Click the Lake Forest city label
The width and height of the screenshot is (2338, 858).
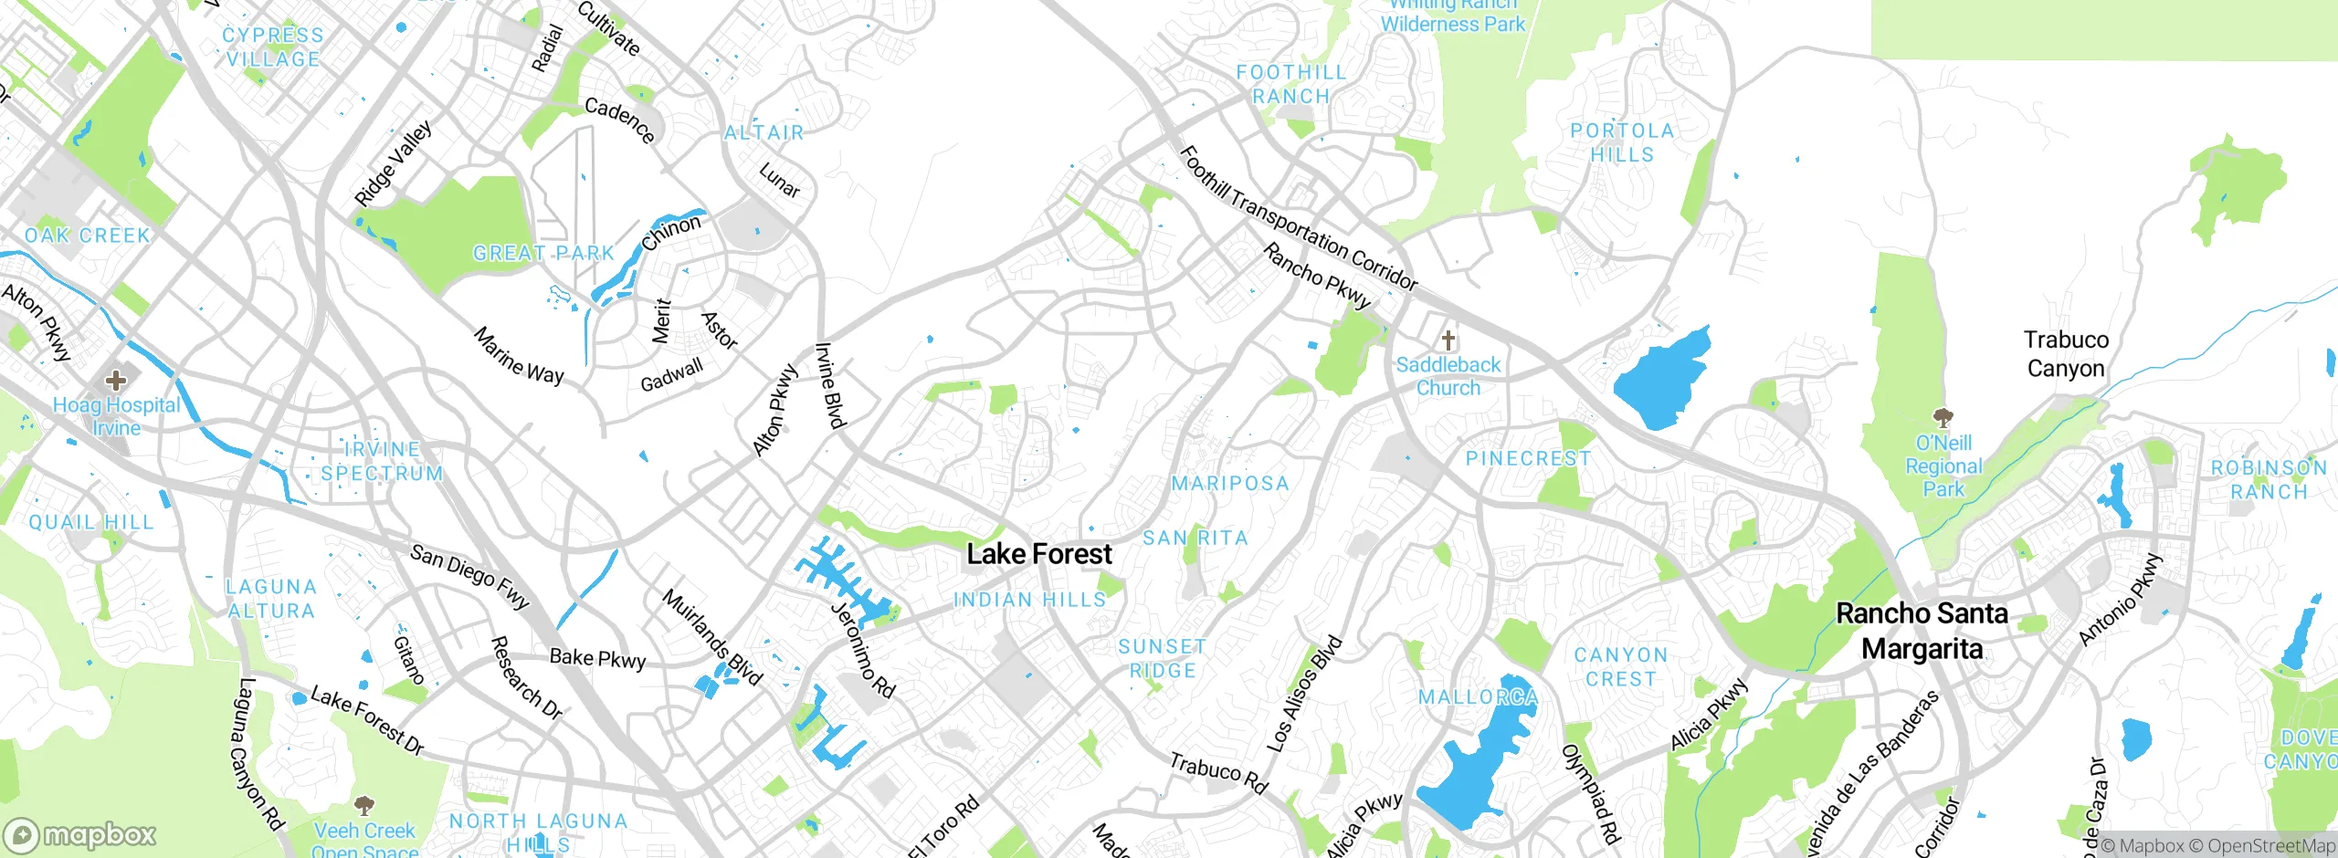[x=1039, y=554]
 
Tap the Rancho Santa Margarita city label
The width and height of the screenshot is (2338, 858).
[x=1922, y=631]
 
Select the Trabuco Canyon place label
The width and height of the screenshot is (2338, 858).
[x=2066, y=354]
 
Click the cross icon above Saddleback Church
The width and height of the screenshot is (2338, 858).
[x=1448, y=340]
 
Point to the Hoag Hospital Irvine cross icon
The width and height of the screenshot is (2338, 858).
[x=116, y=379]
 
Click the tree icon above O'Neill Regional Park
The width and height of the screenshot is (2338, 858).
[x=1943, y=419]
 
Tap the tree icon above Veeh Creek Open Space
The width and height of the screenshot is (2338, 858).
[x=364, y=806]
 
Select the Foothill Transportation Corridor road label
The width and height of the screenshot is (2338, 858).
[x=1298, y=217]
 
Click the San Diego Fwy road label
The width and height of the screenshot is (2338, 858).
[x=469, y=576]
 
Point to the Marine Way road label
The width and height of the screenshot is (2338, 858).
[x=519, y=356]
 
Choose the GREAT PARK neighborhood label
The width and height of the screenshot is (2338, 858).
[x=543, y=253]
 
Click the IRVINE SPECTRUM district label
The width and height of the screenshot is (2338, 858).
[x=382, y=462]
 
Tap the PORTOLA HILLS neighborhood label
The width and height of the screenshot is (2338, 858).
[x=1622, y=142]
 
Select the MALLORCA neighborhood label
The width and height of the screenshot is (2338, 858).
[x=1478, y=697]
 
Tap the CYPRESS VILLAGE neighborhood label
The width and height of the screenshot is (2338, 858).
[x=273, y=47]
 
